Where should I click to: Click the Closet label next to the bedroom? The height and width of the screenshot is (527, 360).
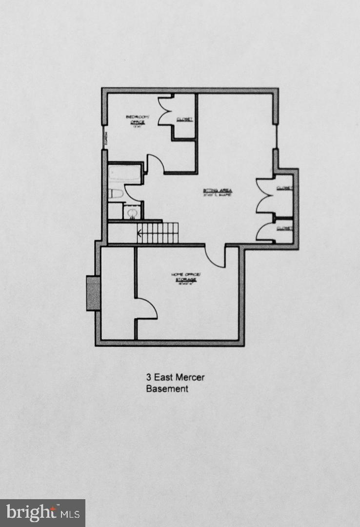[185, 119]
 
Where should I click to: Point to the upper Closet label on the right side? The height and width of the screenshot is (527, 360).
[284, 188]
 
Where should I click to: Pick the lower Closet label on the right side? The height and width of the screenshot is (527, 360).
[284, 228]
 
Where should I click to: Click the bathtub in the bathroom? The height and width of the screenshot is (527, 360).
[125, 174]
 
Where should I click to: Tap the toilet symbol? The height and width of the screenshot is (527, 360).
[115, 194]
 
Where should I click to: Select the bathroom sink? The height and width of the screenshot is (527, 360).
[131, 212]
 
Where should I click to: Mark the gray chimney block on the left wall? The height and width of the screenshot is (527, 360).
[93, 293]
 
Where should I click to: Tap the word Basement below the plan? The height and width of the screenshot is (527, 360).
[167, 389]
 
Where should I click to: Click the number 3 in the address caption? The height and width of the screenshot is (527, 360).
[148, 377]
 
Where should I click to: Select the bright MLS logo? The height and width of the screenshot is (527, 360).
[42, 513]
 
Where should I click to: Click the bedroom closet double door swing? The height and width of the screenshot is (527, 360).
[166, 112]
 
